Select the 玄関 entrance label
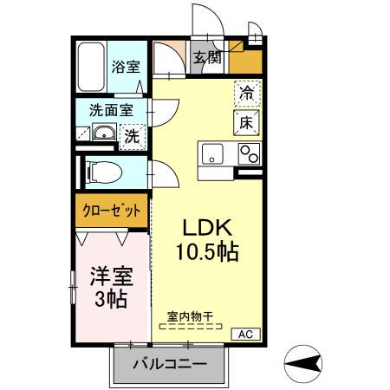[206, 59]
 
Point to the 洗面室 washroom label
[109, 111]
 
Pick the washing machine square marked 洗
[132, 135]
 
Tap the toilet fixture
[101, 171]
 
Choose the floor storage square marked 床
[246, 122]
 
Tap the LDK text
[208, 227]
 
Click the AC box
[244, 334]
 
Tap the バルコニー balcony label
[170, 364]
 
